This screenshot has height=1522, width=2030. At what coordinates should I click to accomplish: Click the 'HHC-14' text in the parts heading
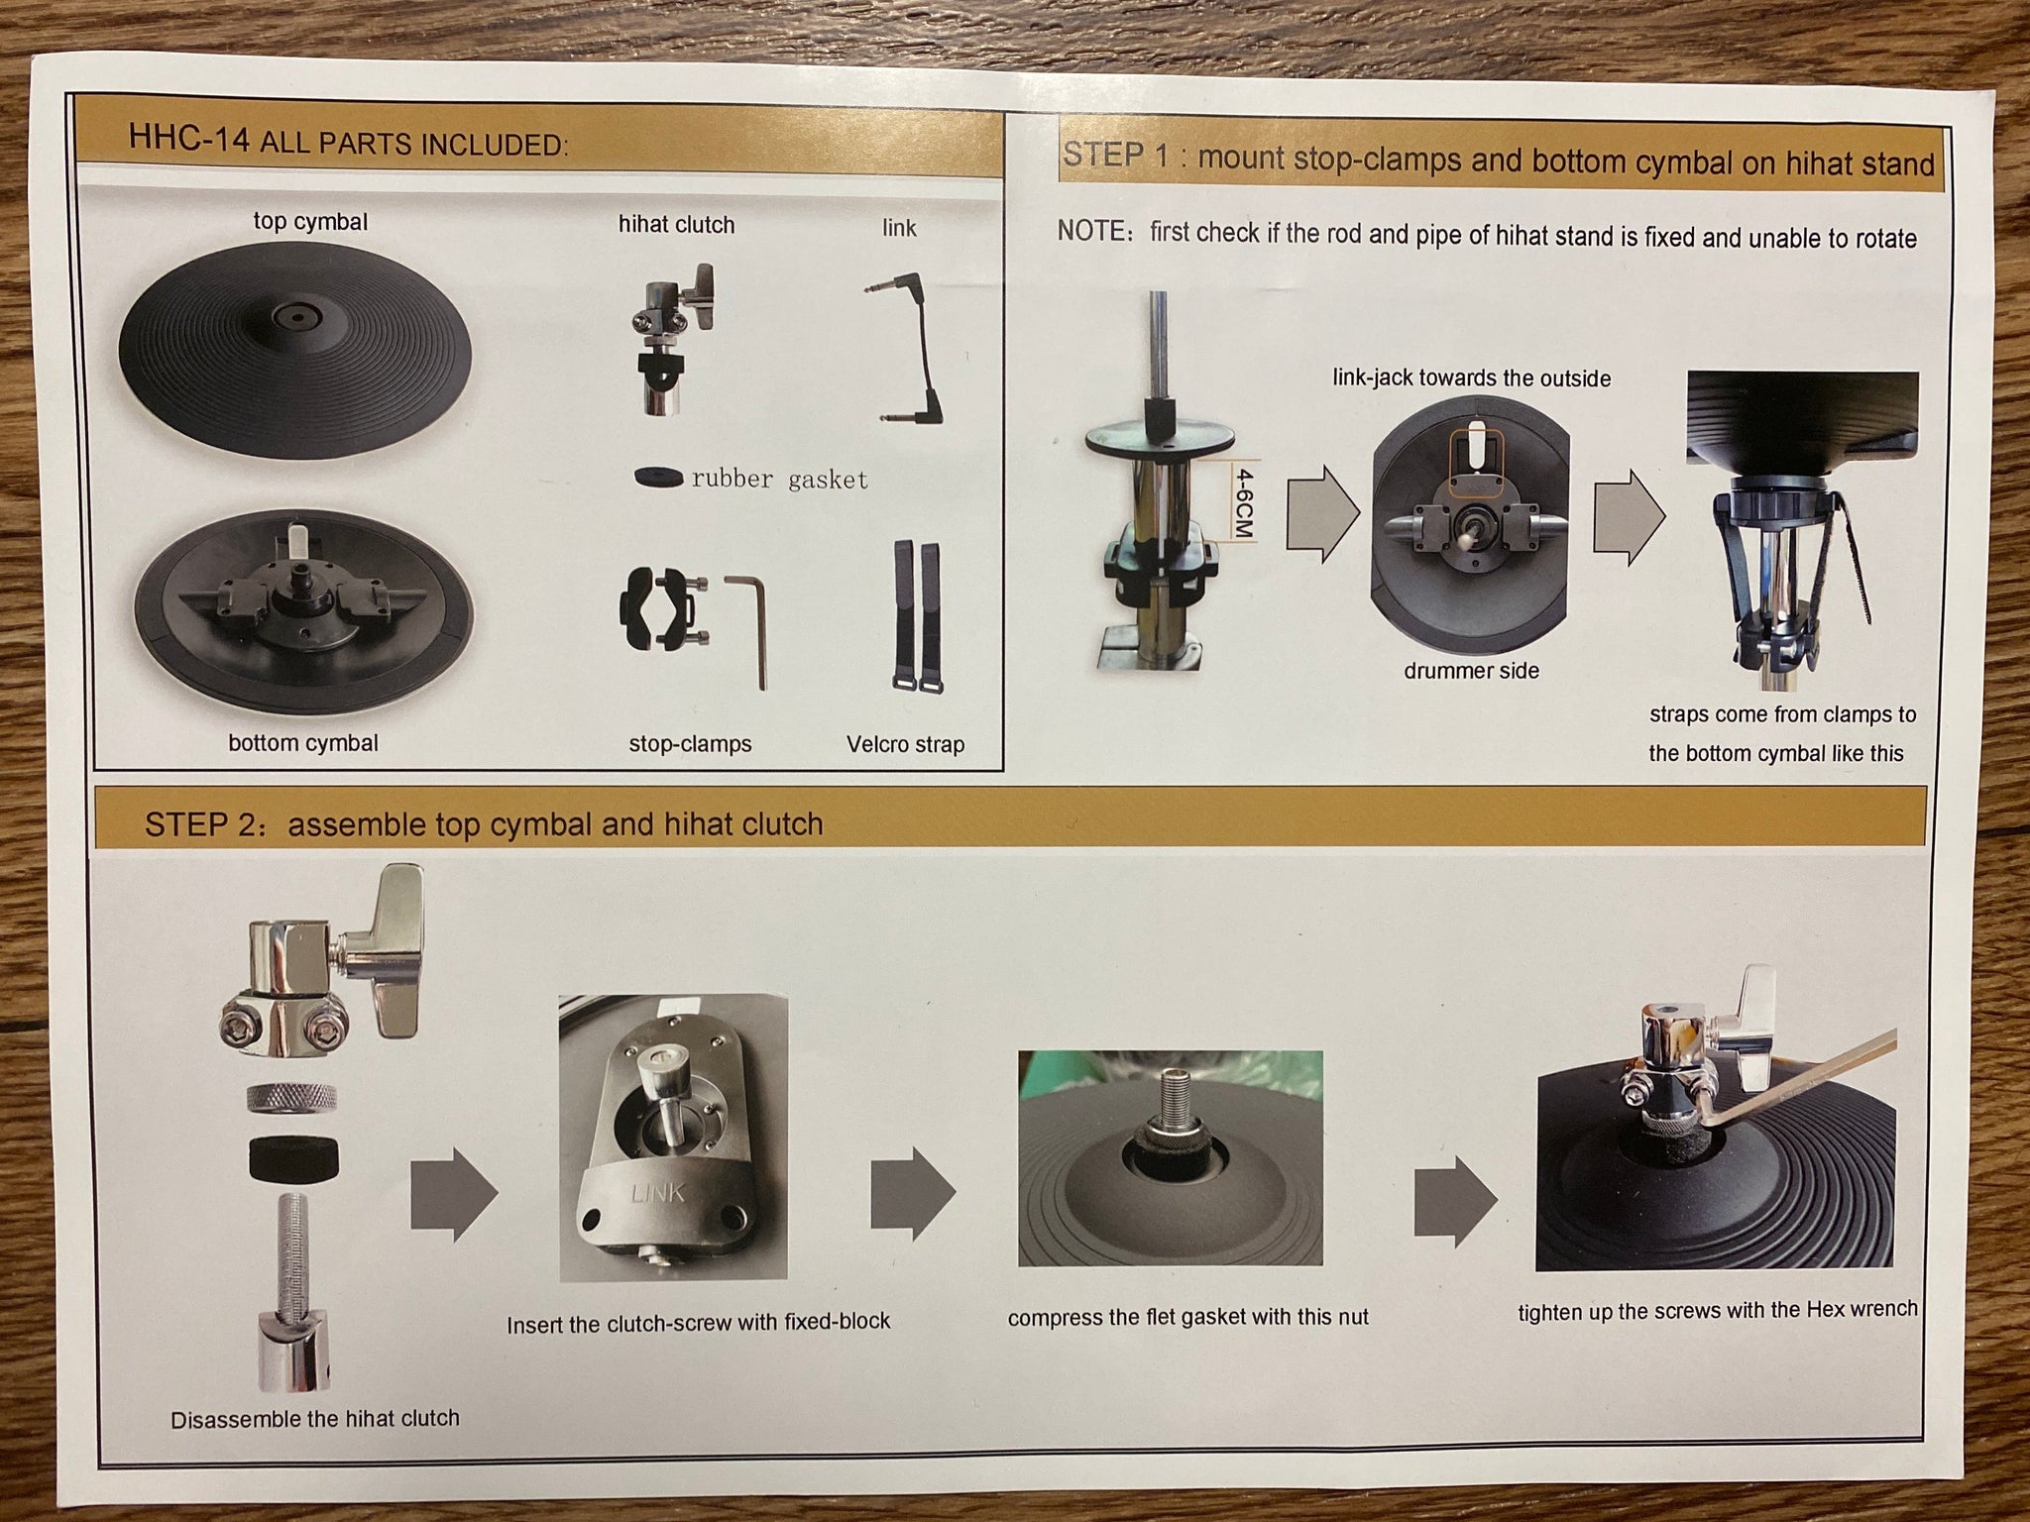pyautogui.click(x=188, y=138)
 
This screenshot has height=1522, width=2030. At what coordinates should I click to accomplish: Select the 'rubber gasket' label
pyautogui.click(x=780, y=480)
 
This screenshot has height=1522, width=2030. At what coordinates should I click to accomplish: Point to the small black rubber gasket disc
pyautogui.click(x=659, y=478)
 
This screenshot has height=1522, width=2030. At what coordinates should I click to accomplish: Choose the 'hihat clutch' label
pyautogui.click(x=677, y=225)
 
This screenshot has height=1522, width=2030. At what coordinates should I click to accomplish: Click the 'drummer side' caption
pyautogui.click(x=1471, y=671)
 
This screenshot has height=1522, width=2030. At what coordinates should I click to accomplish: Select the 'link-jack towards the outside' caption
pyautogui.click(x=1471, y=378)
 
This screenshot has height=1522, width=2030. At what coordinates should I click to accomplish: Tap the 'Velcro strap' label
pyautogui.click(x=905, y=744)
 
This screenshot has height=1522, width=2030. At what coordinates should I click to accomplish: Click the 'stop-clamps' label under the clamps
pyautogui.click(x=690, y=744)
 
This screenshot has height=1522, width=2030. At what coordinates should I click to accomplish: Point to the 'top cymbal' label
pyautogui.click(x=310, y=221)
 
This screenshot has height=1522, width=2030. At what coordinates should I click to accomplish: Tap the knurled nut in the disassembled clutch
pyautogui.click(x=291, y=1099)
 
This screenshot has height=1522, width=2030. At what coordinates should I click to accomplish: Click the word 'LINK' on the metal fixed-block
pyautogui.click(x=658, y=1192)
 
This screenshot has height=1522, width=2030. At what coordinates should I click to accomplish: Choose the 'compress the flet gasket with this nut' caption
pyautogui.click(x=1188, y=1318)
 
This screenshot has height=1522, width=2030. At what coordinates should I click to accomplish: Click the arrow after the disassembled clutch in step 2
pyautogui.click(x=454, y=1194)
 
